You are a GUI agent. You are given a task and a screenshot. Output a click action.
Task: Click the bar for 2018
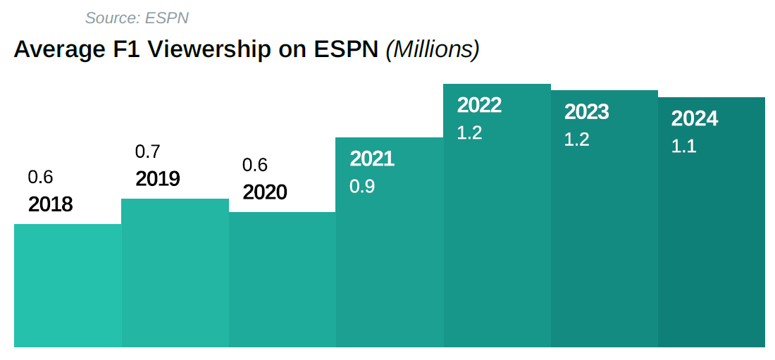click(x=68, y=285)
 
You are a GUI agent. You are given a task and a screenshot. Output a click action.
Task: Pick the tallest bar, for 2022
click(x=497, y=225)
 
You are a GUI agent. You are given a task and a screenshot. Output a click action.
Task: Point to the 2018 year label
click(x=51, y=204)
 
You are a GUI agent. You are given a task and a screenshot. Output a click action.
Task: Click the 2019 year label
click(x=158, y=179)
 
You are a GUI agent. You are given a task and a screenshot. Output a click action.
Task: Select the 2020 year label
click(x=265, y=192)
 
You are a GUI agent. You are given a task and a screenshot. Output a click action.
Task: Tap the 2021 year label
click(x=372, y=159)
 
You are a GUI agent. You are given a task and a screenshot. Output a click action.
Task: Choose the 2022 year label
click(x=479, y=105)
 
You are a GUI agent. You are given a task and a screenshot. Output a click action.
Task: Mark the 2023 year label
click(x=586, y=112)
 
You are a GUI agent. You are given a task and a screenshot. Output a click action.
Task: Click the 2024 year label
click(x=694, y=119)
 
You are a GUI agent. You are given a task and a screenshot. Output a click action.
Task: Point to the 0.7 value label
click(x=147, y=151)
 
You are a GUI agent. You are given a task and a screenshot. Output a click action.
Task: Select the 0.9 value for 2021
click(x=362, y=187)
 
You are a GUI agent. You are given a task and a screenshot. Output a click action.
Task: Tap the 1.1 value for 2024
click(x=683, y=147)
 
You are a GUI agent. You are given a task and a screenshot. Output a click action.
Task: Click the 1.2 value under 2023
click(x=576, y=139)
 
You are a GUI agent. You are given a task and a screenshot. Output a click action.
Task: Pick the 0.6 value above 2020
click(x=255, y=165)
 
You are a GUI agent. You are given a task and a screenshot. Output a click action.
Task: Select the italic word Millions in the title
click(x=433, y=50)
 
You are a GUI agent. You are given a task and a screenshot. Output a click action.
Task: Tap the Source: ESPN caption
click(x=137, y=18)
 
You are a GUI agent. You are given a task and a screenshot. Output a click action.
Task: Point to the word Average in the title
click(x=56, y=50)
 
